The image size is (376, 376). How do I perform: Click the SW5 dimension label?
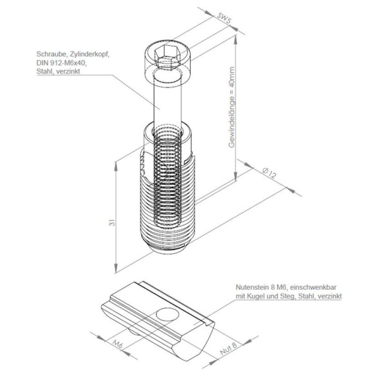tap(224, 19)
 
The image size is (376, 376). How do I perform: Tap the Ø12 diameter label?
tap(269, 173)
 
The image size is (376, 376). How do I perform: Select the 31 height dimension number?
tap(112, 223)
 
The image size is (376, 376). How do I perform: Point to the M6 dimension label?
tap(118, 344)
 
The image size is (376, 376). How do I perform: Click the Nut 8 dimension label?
tap(229, 348)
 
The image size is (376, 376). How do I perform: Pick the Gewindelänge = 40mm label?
tap(232, 107)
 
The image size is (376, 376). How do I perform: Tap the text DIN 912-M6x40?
tap(61, 63)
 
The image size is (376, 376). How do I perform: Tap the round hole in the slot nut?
tap(167, 315)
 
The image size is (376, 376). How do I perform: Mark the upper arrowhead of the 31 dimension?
tap(116, 167)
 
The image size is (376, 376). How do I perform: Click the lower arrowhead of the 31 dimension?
tap(116, 268)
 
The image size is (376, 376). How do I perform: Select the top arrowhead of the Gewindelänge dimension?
tap(236, 40)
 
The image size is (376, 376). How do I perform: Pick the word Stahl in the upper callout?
tap(44, 71)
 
